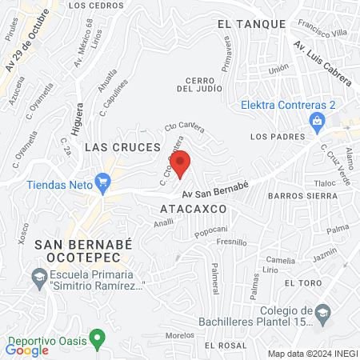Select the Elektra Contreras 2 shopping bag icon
pos(318,121)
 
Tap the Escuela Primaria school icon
pos(38,278)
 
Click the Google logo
pos(27,350)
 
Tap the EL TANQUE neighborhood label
pos(251,24)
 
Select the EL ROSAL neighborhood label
pos(226,345)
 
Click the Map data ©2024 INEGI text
pos(311,353)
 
